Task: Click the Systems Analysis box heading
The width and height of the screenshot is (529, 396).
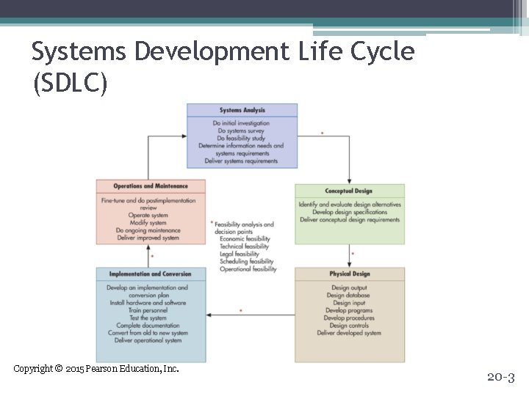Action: pos(242,111)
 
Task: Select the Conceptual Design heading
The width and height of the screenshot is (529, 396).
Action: pos(349,191)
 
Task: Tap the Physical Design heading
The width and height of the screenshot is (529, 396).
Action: pos(350,274)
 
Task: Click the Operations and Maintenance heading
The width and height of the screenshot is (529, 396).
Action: pos(151,186)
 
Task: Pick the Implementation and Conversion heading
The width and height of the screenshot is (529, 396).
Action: pos(151,274)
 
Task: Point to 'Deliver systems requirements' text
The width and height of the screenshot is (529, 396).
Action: pos(242,161)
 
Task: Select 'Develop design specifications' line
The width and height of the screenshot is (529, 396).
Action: pos(350,212)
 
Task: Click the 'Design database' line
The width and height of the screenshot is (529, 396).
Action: pos(349,296)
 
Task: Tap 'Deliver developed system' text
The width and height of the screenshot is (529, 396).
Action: pos(349,333)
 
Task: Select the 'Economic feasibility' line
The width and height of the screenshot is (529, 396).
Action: pos(245,239)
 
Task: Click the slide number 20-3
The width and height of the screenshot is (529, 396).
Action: pos(501,378)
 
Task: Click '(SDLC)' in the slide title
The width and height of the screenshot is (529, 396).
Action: pos(71,84)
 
